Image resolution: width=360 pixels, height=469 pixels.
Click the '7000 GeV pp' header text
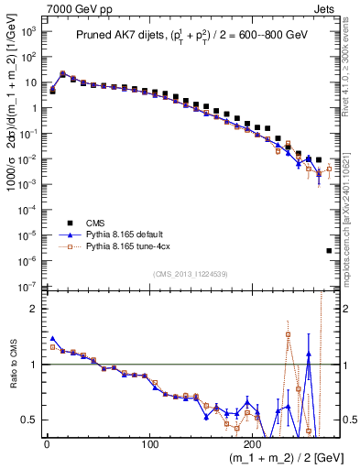(78, 7)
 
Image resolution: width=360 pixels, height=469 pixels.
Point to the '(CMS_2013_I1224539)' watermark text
(191, 273)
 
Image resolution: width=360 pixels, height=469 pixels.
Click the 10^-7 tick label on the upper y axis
(28, 287)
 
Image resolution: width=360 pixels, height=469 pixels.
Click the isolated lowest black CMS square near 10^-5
(329, 250)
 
